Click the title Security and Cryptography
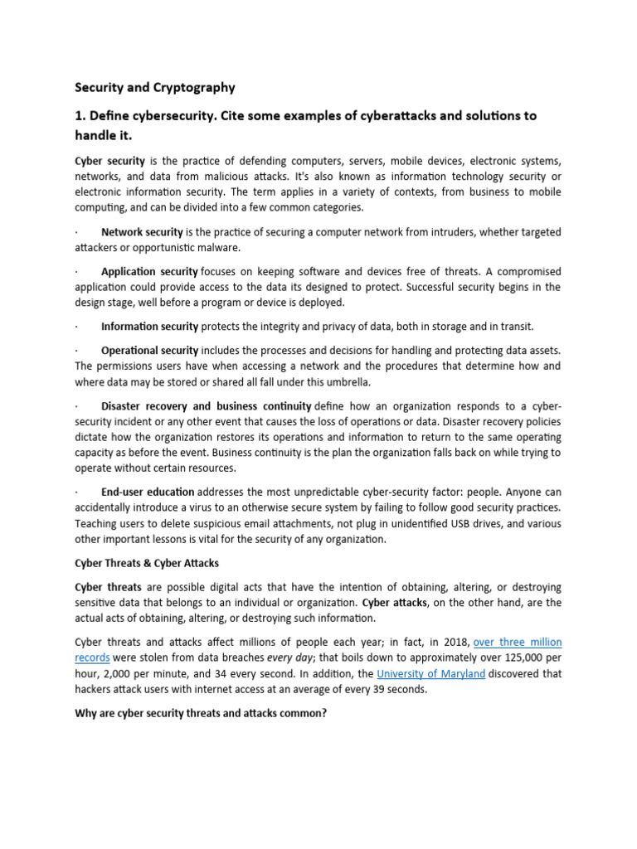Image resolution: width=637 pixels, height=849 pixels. click(155, 87)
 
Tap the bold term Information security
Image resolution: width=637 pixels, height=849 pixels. click(149, 326)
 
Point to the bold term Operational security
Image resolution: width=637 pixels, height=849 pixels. click(149, 350)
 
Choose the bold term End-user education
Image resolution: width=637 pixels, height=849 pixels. click(148, 492)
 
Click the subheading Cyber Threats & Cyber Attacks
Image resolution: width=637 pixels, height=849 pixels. click(147, 563)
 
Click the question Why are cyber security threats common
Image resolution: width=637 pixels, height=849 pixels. click(202, 712)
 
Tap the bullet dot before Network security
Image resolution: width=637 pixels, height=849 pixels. click(77, 232)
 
